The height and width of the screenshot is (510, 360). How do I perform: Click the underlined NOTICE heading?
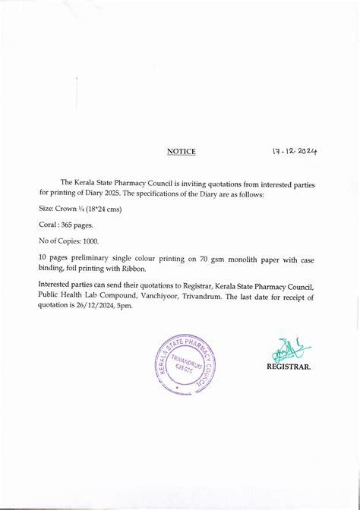[x=181, y=152]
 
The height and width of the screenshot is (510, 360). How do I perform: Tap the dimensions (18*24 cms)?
[x=101, y=209]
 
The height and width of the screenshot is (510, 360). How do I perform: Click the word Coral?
[x=48, y=225]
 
